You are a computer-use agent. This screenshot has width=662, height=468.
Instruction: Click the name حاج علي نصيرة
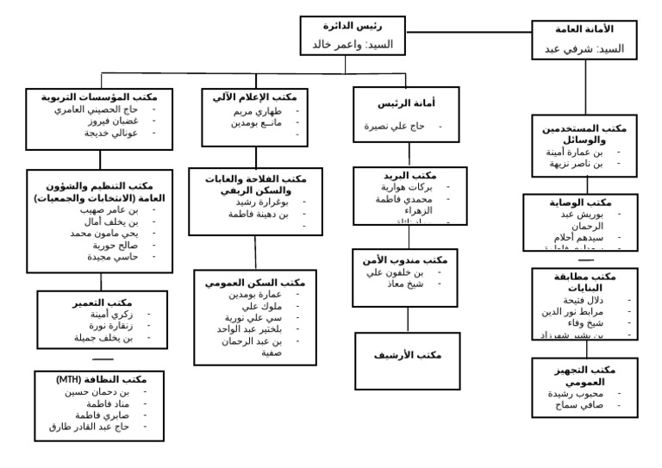(397, 126)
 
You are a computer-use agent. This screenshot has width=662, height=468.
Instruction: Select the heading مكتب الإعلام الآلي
(254, 97)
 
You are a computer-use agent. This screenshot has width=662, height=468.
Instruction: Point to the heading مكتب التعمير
(102, 303)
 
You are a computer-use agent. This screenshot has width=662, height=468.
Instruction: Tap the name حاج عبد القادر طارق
(89, 427)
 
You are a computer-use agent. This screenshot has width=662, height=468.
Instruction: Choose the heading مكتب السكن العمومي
(256, 282)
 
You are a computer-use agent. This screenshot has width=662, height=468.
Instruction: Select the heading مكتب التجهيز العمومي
(587, 375)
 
